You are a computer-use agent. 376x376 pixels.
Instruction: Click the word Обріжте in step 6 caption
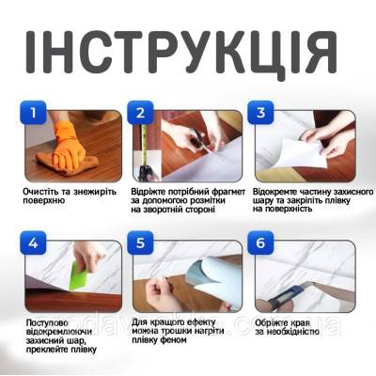click(x=275, y=322)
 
